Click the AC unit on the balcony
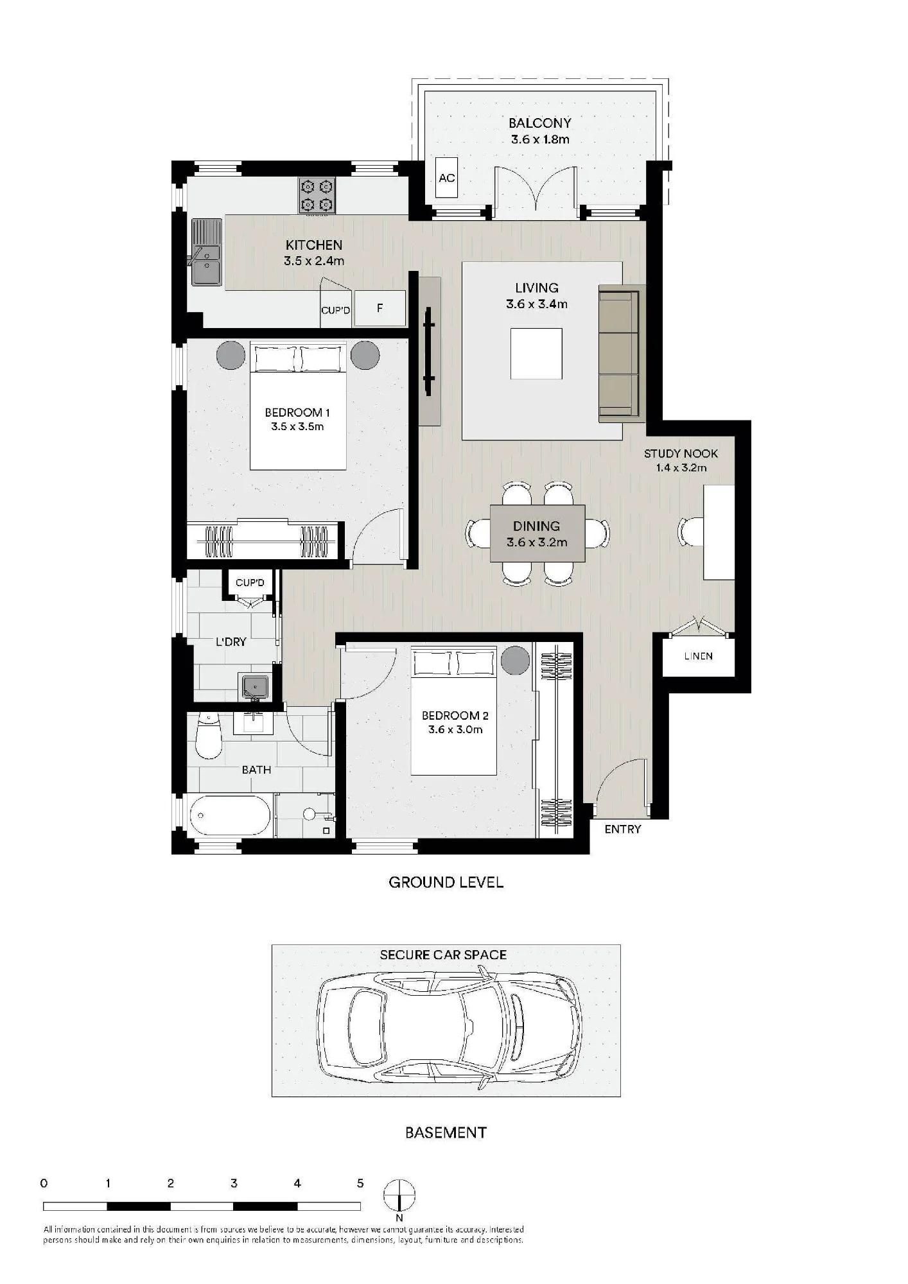(x=447, y=178)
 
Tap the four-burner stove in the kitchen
(x=317, y=196)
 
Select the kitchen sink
(x=205, y=252)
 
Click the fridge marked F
(x=380, y=308)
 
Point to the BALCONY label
(x=539, y=123)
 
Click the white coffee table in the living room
(x=536, y=353)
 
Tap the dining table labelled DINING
(x=537, y=534)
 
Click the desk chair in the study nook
(x=691, y=532)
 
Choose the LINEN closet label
(x=698, y=656)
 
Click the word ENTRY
(x=623, y=829)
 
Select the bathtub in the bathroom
(x=230, y=816)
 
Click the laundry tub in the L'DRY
(x=256, y=686)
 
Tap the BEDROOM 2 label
(x=455, y=715)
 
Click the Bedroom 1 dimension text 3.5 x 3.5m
(x=297, y=426)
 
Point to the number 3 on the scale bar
(x=234, y=1183)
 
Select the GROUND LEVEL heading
(x=446, y=882)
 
